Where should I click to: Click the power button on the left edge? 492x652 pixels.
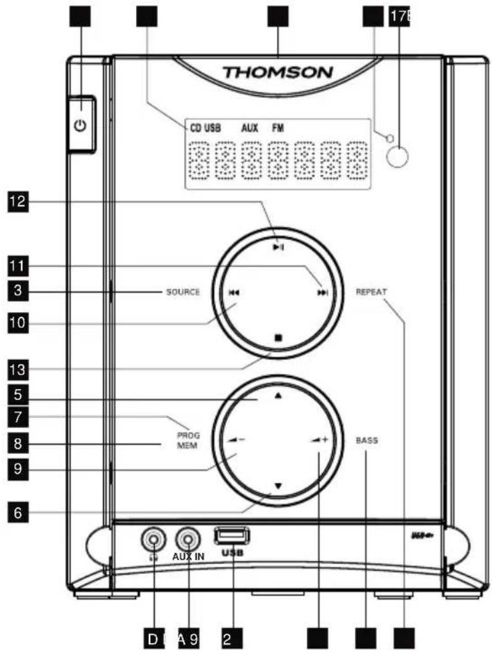(80, 125)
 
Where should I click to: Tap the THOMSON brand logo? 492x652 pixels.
(278, 72)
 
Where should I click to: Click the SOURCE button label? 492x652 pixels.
(183, 292)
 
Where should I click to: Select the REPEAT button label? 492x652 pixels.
(372, 292)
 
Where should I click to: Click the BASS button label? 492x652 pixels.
(367, 440)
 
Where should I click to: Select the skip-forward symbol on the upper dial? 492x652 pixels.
(324, 293)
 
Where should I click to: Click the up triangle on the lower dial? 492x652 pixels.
(278, 396)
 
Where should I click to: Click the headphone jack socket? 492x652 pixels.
(153, 538)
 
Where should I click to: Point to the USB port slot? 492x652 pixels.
(232, 536)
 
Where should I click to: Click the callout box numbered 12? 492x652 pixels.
(17, 202)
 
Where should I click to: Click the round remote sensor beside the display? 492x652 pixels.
(397, 156)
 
